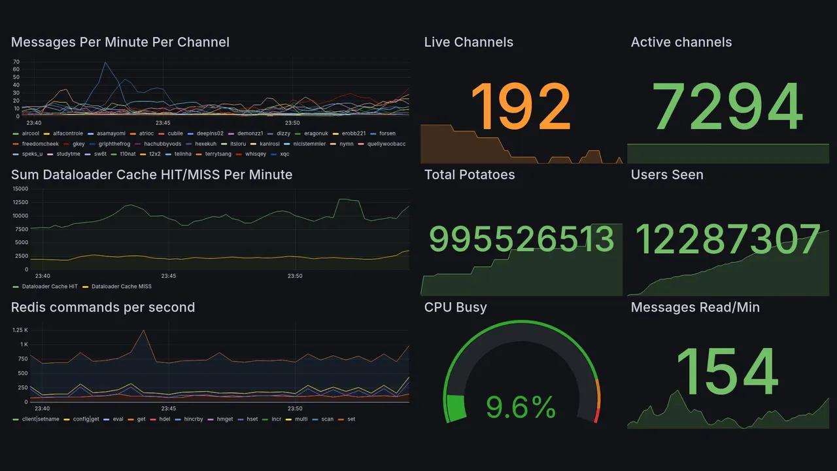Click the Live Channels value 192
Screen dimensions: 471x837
click(x=521, y=107)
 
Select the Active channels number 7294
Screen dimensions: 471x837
click(x=728, y=107)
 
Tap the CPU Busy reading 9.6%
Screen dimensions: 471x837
click(x=521, y=408)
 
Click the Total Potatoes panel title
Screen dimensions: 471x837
click(x=469, y=175)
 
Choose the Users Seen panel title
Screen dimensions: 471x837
click(x=667, y=175)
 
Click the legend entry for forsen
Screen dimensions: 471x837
click(x=387, y=133)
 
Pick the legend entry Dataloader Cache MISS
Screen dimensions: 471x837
click(x=121, y=287)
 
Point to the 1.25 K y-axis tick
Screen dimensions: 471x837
click(x=20, y=330)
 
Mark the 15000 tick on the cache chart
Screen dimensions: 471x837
click(x=20, y=188)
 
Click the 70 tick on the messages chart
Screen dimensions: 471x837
click(x=16, y=62)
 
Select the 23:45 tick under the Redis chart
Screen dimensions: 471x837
click(x=169, y=408)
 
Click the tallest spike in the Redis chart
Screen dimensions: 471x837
click(x=142, y=331)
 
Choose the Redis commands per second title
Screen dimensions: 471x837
click(x=103, y=307)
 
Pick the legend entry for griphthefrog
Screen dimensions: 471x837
click(x=114, y=144)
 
